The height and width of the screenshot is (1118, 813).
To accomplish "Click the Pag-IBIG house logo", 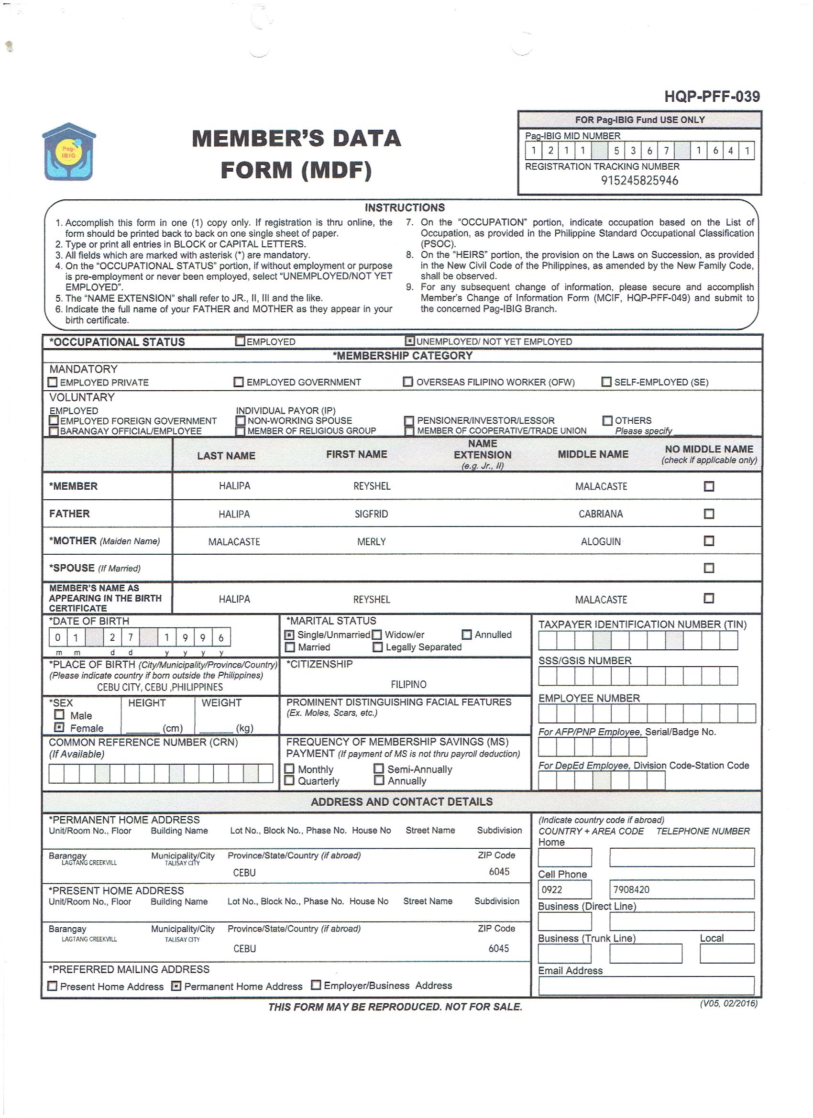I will pos(69,152).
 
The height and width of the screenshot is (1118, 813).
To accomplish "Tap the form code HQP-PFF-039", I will pos(712,96).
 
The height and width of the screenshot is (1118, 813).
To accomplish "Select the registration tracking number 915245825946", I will pos(639,180).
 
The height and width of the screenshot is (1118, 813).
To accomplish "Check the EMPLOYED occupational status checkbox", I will pos(240,340).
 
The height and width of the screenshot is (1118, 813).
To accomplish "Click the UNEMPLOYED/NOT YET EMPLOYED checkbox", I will pos(409,340).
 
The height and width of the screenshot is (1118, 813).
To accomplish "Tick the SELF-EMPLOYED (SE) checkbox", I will pos(606,382).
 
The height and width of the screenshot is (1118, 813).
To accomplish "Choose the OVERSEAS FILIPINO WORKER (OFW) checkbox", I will pos(408,382).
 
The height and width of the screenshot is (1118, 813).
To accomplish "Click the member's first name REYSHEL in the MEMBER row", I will pos(372,486).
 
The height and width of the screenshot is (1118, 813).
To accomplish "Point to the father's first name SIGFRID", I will pos(371,514).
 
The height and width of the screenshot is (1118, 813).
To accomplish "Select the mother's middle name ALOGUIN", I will pos(601,541).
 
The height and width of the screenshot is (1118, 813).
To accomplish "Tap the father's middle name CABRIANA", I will pos(601,514).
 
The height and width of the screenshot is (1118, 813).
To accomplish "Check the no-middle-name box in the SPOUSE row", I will pos(708,568).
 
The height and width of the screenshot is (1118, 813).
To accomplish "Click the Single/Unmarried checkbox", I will pos(290,635).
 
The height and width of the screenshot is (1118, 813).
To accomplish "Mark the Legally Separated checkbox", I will pos(378,647).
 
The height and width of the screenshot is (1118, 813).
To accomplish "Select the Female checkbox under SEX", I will pos(59,728).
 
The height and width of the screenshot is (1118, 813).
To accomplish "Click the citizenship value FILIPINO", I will pos(408,684).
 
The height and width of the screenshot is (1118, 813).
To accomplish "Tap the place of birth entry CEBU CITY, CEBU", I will pos(160,687).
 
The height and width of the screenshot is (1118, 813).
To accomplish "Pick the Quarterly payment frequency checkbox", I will pos(290,780).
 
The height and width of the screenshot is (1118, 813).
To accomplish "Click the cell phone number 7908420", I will pos(631,890).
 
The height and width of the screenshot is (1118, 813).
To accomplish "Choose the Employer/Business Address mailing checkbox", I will pos(316,985).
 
